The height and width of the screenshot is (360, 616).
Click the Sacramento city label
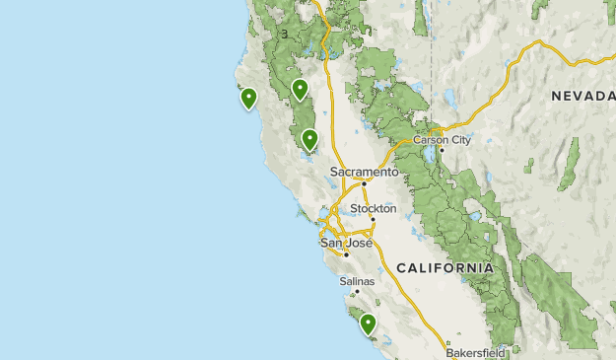364,171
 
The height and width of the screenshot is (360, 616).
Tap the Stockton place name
374,209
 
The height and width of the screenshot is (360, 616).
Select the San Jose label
345,243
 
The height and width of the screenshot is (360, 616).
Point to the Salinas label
357,281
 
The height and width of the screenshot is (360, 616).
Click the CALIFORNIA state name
445,268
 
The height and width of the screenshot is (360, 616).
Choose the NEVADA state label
582,96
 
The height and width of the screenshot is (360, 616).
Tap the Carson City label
442,140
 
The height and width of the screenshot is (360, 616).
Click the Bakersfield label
475,352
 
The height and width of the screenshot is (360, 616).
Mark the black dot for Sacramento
364,182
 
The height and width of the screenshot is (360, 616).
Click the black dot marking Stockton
373,219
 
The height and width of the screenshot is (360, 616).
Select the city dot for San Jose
346,253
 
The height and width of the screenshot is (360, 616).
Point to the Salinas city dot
358,291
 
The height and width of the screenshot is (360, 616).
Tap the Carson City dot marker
442,150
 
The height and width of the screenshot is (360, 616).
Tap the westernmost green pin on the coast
248,98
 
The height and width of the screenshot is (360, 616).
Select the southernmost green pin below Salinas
368,323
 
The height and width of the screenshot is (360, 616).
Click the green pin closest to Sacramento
309,139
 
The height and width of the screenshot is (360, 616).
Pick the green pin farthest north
301,89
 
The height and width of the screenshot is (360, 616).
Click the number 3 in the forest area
284,35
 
